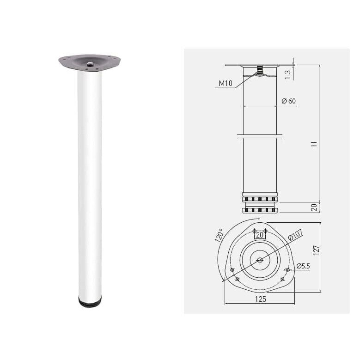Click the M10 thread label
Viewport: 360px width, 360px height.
tap(226, 83)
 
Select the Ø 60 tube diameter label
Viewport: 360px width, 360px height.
tap(288, 101)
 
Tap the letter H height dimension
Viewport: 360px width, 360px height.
tap(314, 144)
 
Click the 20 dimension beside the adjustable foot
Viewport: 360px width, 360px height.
tap(314, 208)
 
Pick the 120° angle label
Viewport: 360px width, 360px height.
tap(219, 235)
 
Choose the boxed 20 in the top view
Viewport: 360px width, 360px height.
tap(260, 235)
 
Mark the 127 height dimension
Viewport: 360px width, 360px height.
tap(316, 250)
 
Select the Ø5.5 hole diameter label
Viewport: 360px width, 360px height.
tap(303, 266)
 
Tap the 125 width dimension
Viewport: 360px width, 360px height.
tap(261, 299)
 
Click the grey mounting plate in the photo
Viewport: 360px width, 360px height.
tap(89, 61)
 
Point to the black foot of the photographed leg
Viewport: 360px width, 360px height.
tap(89, 303)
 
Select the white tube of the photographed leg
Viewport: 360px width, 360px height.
tap(89, 185)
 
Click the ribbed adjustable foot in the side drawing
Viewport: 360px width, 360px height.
tap(260, 203)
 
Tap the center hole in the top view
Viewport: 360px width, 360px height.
tap(260, 260)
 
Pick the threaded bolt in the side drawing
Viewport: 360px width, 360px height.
tap(260, 71)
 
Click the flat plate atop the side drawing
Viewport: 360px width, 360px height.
tap(260, 66)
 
